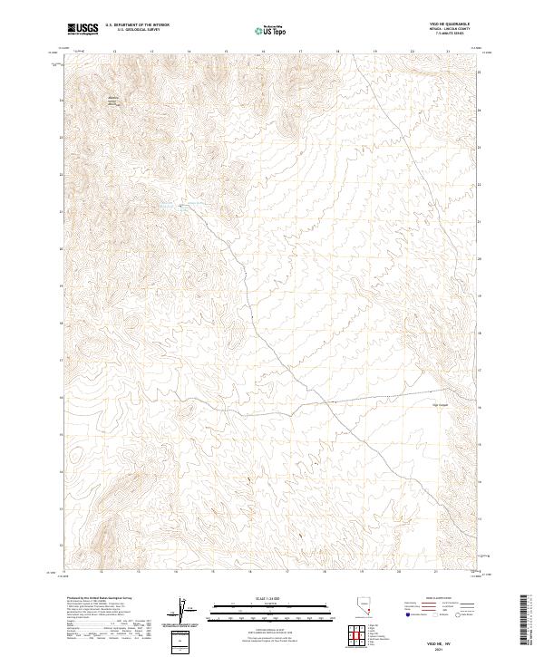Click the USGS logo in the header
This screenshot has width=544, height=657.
[82, 29]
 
